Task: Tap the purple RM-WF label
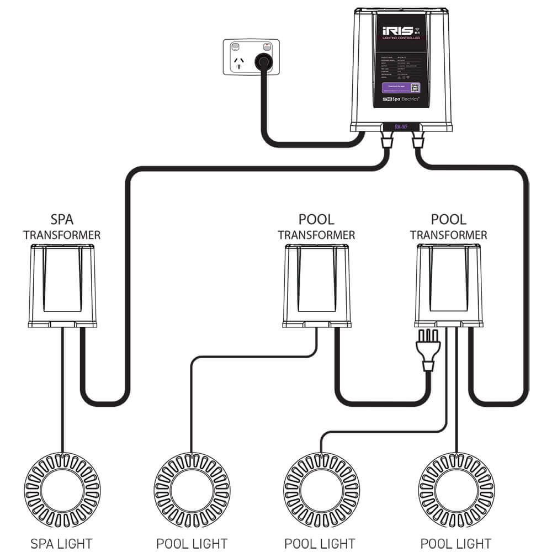(402, 128)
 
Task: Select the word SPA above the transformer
(62, 220)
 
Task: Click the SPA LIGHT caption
(62, 543)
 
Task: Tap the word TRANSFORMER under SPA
(62, 235)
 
